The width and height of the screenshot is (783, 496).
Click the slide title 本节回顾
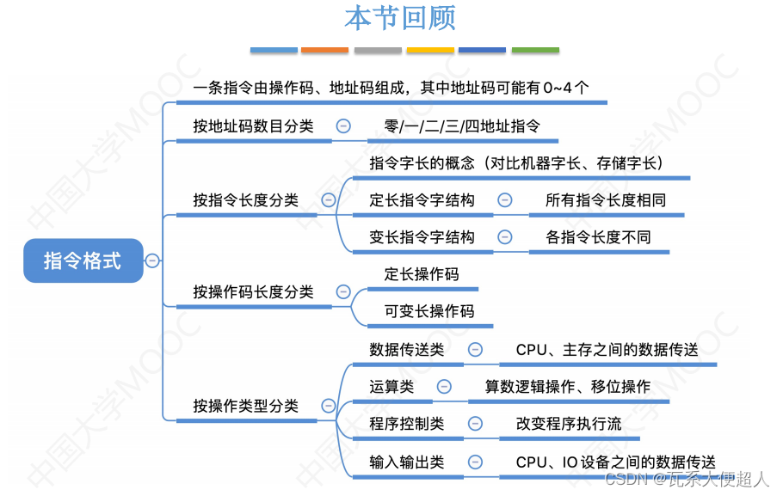[400, 18]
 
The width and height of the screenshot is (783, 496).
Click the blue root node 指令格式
[83, 260]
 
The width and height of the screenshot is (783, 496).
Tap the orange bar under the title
[324, 51]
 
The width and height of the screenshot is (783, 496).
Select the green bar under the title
[535, 51]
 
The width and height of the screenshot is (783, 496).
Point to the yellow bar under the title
[430, 51]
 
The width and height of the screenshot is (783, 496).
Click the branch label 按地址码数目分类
[253, 126]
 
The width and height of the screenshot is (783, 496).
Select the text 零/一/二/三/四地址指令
[462, 126]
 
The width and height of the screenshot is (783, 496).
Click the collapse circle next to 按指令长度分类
[328, 200]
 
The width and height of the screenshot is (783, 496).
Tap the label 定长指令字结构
[422, 200]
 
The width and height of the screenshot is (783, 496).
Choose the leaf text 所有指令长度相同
[606, 200]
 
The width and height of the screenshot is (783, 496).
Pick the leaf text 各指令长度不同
[598, 237]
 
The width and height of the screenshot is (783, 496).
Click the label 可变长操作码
[429, 311]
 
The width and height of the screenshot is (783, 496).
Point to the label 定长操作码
[422, 274]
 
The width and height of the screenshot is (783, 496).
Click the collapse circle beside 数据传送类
[475, 349]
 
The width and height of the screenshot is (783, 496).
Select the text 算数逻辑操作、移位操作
[568, 387]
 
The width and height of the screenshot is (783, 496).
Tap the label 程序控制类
[407, 424]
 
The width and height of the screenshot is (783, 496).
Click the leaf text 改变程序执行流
[569, 424]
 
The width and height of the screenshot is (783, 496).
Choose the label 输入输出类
[407, 462]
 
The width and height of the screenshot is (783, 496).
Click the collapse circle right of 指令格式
[152, 260]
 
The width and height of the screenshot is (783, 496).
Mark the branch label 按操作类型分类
[246, 406]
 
